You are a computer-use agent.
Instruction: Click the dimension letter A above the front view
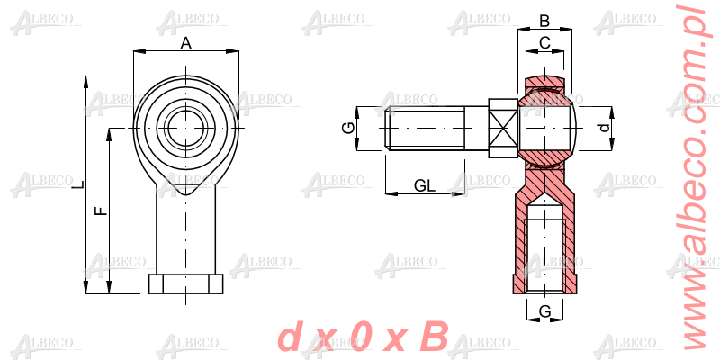pos(185,43)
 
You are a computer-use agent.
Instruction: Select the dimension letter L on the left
pos(80,184)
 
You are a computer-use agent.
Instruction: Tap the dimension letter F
pos(101,211)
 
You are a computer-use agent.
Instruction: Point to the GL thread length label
pos(424,185)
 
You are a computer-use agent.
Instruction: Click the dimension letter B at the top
pos(544,21)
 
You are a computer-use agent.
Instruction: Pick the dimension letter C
pos(544,43)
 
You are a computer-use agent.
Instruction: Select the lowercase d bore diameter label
pos(606,128)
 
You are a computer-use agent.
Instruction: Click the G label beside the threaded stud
pos(349,128)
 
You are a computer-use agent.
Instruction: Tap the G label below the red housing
pos(545,311)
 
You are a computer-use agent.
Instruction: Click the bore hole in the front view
pos(185,128)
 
